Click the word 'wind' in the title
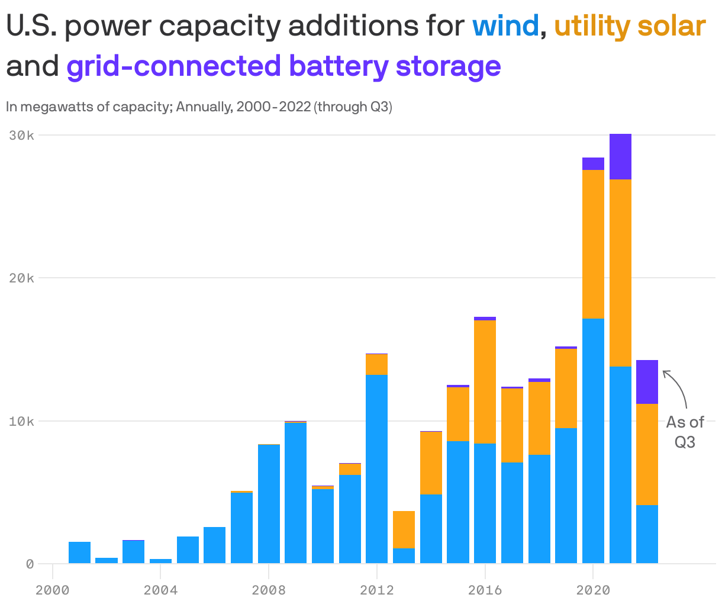[x=505, y=27]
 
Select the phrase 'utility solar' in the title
[x=630, y=27]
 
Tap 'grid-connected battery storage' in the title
[x=283, y=66]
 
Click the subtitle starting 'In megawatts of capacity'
[x=199, y=107]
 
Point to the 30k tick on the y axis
[x=22, y=136]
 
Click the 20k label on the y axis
[x=22, y=278]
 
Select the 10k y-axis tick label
[x=22, y=421]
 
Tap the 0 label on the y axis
[x=29, y=564]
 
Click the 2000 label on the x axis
[x=52, y=590]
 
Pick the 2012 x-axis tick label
[x=376, y=590]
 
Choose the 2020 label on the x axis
[x=593, y=590]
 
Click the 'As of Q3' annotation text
[x=685, y=432]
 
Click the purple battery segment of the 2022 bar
[x=647, y=382]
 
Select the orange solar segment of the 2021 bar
[x=620, y=273]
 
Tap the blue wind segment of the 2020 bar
[x=593, y=441]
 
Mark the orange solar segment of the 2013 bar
[x=404, y=529]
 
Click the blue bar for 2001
[x=79, y=552]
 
